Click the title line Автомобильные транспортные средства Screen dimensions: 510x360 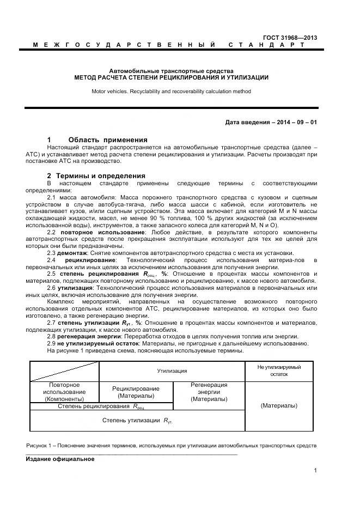(171, 71)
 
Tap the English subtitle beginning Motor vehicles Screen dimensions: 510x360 (171, 92)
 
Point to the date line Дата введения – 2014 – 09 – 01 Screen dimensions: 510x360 (271, 122)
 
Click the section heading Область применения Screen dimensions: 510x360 (108, 139)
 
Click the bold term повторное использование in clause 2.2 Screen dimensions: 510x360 (101, 232)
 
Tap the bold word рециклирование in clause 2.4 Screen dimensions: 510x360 (88, 260)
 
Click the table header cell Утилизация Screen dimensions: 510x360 (172, 371)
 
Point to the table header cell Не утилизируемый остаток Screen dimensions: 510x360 (279, 371)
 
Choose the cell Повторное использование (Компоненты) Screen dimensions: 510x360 (64, 392)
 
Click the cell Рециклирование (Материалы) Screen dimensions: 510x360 (136, 392)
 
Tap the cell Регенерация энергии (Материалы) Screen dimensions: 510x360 (209, 392)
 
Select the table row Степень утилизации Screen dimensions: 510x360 (137, 420)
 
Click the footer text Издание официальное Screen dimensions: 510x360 (60, 459)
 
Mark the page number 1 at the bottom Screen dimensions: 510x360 (315, 471)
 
